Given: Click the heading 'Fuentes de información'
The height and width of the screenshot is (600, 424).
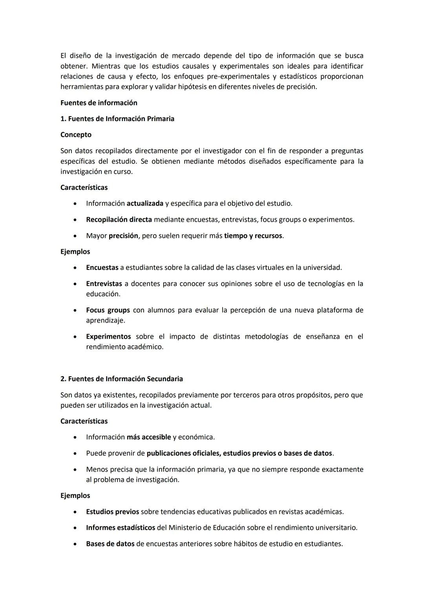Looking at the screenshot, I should coord(99,103).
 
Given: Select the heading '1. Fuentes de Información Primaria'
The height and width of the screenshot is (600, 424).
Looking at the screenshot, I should coord(117,119).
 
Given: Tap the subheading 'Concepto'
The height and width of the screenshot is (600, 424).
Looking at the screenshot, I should coord(76,135).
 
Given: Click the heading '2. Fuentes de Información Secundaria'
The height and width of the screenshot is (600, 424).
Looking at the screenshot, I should coord(121,379).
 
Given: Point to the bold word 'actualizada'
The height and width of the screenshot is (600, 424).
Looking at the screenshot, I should coord(145,204).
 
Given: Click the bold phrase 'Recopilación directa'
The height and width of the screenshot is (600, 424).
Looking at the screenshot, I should coord(119,220).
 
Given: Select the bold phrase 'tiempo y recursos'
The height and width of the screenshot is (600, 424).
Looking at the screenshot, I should coord(253,236).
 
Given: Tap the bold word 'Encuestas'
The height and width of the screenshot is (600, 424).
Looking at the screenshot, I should coord(102,268).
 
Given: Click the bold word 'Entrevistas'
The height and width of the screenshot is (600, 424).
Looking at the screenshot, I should coord(104,284).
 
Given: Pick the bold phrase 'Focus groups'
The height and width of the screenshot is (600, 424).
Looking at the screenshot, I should coord(108,310).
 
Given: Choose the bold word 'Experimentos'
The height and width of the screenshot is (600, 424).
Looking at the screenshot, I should coord(108,336).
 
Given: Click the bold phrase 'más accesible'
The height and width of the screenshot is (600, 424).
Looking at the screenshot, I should coord(149,437).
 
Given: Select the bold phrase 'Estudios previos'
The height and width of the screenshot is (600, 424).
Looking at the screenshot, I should coord(112,512).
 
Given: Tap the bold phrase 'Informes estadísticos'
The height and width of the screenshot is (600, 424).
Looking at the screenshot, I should coord(121,528).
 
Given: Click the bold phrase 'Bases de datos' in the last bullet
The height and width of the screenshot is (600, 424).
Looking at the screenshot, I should coord(110,544).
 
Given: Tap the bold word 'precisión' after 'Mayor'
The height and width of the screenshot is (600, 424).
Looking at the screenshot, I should coord(123,236).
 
